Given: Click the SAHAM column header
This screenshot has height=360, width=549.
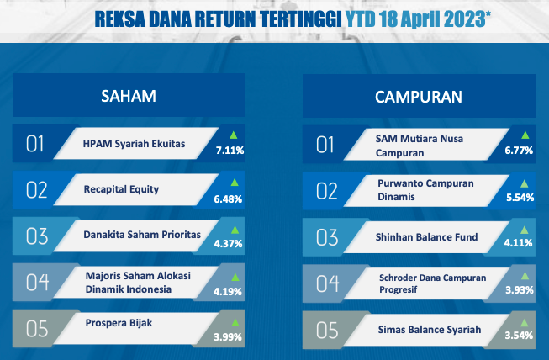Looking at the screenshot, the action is pyautogui.click(x=129, y=96).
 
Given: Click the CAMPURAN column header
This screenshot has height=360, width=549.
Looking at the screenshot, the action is pyautogui.click(x=419, y=97).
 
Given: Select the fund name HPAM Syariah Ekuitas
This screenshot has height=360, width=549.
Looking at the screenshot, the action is pyautogui.click(x=134, y=144).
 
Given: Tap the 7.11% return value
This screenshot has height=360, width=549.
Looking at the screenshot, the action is pyautogui.click(x=230, y=151).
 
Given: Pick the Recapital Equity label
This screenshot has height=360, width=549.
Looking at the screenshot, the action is pyautogui.click(x=121, y=189).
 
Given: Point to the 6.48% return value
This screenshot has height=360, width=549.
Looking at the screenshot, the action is pyautogui.click(x=228, y=199).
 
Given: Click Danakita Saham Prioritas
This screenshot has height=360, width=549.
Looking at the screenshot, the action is pyautogui.click(x=142, y=235).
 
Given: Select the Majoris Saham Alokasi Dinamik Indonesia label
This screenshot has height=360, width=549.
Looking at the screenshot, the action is pyautogui.click(x=138, y=283).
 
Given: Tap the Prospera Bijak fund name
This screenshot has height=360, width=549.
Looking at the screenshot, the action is pyautogui.click(x=119, y=323).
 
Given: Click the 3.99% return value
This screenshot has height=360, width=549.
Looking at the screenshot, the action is pyautogui.click(x=228, y=337).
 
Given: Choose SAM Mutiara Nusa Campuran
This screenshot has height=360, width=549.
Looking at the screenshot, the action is pyautogui.click(x=419, y=146).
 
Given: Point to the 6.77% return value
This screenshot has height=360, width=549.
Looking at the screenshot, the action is pyautogui.click(x=519, y=151).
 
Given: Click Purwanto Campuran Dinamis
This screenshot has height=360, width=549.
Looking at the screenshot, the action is pyautogui.click(x=425, y=190).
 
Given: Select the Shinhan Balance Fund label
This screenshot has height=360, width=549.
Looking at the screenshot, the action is pyautogui.click(x=426, y=237).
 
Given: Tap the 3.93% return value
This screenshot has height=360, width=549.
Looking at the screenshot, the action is pyautogui.click(x=520, y=289).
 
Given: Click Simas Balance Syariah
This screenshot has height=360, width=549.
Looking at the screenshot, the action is pyautogui.click(x=430, y=330).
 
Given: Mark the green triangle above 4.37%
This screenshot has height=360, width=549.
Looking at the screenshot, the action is pyautogui.click(x=235, y=230).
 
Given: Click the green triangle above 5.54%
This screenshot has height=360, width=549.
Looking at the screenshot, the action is pyautogui.click(x=524, y=183).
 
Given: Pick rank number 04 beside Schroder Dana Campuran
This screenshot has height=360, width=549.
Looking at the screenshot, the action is pyautogui.click(x=327, y=283).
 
